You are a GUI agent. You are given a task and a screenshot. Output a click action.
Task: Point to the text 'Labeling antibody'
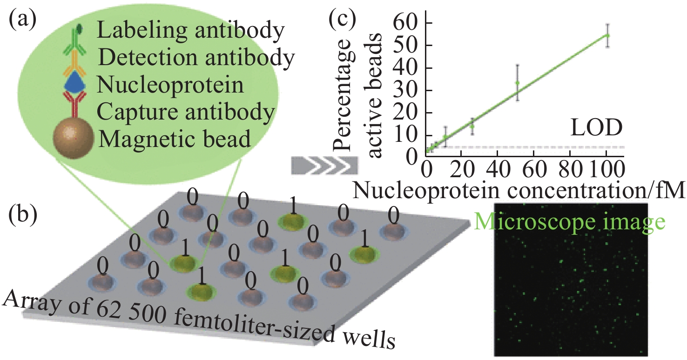tap(191, 31)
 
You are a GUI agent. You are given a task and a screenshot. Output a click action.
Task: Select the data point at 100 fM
tap(607, 35)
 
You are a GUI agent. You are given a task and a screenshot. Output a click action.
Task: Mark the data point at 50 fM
tap(517, 83)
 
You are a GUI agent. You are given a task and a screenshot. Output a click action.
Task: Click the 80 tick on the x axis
tap(570, 169)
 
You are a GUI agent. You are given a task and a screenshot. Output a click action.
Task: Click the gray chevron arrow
tap(324, 166)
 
